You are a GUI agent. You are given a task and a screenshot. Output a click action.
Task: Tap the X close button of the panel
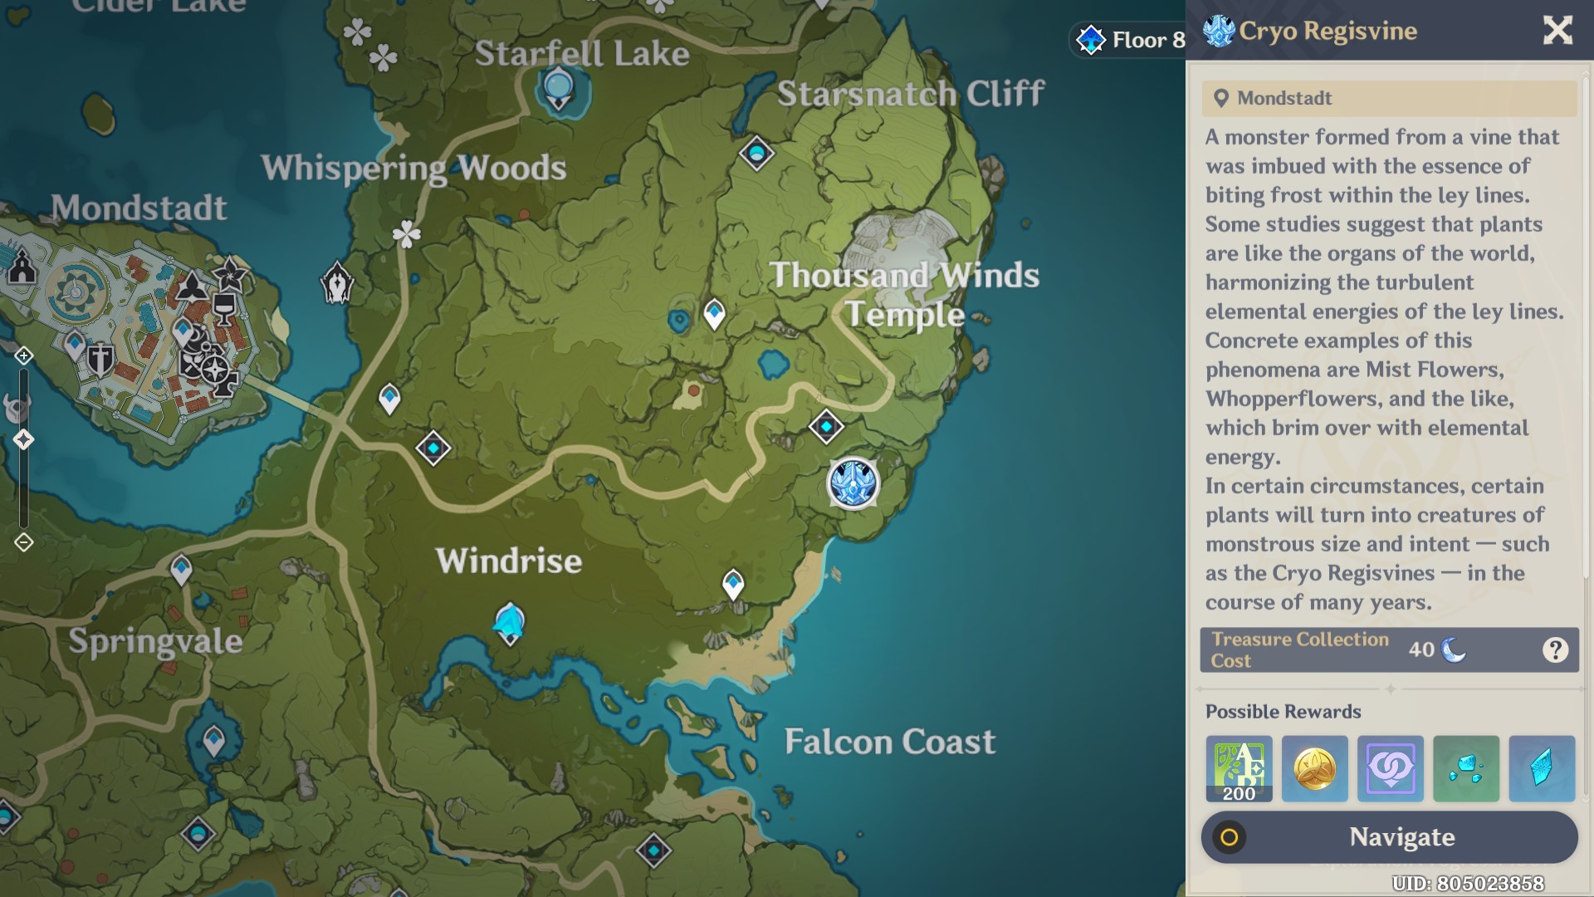pos(1557,31)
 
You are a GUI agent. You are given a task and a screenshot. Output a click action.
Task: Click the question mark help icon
pos(1555,649)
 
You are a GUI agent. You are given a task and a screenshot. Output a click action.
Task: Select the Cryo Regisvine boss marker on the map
pos(853,483)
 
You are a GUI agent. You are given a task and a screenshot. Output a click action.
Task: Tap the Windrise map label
pos(509,561)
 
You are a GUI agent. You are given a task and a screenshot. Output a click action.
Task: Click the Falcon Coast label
pos(889,742)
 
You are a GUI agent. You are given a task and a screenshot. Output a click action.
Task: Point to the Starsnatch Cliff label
pos(911,94)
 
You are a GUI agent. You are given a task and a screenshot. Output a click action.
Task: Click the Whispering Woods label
pos(413,168)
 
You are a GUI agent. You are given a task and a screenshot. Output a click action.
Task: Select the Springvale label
pos(155,641)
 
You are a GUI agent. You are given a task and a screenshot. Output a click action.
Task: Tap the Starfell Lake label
pos(582,54)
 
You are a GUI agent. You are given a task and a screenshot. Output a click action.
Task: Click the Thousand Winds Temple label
pos(904,295)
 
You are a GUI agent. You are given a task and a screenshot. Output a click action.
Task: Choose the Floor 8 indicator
pos(1131,40)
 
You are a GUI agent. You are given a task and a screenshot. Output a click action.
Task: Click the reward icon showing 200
pos(1239,768)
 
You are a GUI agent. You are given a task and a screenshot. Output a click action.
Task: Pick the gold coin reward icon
pos(1314,768)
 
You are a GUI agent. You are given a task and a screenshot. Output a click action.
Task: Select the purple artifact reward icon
pos(1390,768)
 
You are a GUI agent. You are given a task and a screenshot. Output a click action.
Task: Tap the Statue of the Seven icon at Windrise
pos(509,623)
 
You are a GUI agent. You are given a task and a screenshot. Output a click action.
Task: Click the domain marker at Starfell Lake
pos(558,87)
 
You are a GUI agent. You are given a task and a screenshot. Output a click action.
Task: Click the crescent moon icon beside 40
pos(1453,649)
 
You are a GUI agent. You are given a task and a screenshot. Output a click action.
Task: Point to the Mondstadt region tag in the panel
pos(1284,98)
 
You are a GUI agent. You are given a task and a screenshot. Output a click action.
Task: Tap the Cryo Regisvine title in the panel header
pos(1327,32)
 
